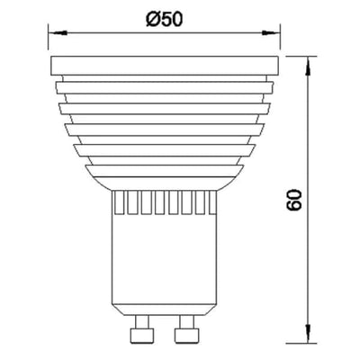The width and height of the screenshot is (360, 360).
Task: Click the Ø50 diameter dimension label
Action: point(164,20)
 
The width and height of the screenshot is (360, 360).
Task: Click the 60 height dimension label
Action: point(294,200)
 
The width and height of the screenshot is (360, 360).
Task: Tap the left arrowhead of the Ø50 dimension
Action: point(58,32)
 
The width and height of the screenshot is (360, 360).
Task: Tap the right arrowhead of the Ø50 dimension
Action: point(271,32)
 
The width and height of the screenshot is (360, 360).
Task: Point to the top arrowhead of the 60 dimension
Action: point(308,66)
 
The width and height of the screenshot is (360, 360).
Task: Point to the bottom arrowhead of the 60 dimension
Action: point(308,334)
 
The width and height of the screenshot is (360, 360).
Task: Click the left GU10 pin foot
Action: point(142,336)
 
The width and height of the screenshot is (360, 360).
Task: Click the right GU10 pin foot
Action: point(187,336)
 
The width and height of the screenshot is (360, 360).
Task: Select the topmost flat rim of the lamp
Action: point(165,66)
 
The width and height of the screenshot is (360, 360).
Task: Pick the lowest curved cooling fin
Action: point(165,170)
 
